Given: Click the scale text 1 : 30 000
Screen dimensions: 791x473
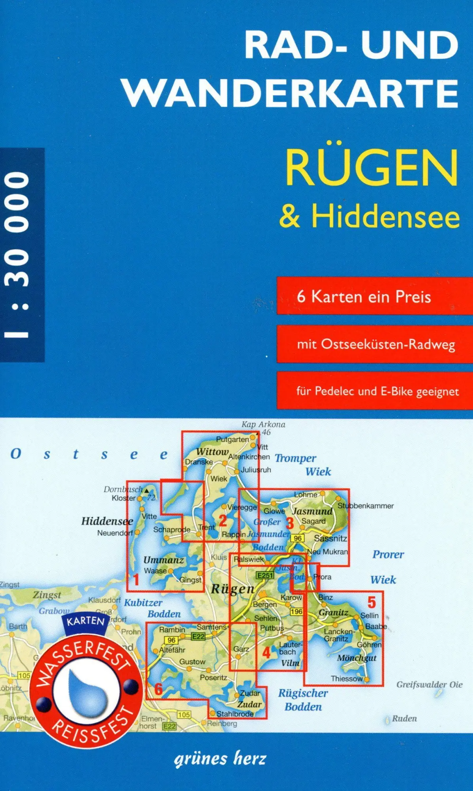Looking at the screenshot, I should [x=17, y=255].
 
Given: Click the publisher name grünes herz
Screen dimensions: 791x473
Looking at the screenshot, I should [x=220, y=759].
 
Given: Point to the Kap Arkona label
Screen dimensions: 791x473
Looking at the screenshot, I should [x=263, y=424].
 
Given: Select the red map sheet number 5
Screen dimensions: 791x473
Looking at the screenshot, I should [x=371, y=602].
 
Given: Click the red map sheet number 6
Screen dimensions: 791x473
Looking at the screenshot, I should [x=158, y=689].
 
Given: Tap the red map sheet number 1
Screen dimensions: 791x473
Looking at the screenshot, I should [x=136, y=579].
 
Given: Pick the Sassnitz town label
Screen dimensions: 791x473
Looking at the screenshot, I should [x=331, y=538].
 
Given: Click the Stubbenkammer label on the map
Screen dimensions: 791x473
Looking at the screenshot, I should [x=365, y=506].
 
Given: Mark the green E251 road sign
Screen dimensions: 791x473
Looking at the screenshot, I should [x=265, y=575].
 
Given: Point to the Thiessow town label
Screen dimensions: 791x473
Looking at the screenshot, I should [x=346, y=679].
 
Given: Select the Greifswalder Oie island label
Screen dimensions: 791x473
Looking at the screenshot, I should [x=429, y=685].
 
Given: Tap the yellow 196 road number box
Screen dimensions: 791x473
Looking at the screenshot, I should [x=296, y=611].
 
